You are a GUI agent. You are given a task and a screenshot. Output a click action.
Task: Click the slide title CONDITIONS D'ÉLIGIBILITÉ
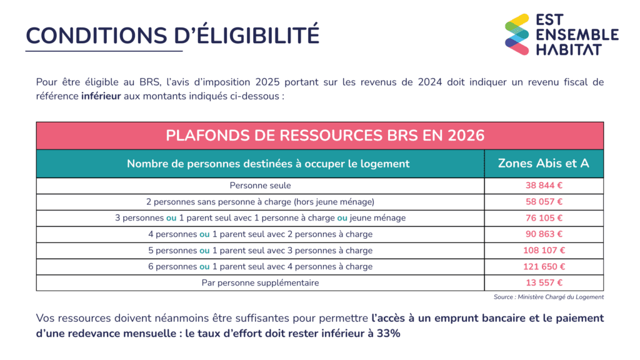[x=172, y=35]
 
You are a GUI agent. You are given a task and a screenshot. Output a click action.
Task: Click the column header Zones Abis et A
[x=543, y=163]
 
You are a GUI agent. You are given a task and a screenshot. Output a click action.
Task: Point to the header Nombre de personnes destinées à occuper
[x=268, y=164]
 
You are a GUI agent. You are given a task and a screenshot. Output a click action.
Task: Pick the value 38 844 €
[x=544, y=186]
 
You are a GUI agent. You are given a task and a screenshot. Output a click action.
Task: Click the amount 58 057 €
[x=544, y=202]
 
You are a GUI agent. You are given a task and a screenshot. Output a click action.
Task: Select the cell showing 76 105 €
[x=544, y=218]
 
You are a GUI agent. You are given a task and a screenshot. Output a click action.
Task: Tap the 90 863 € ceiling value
[x=544, y=234]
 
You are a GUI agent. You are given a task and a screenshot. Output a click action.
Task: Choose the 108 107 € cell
[x=544, y=251]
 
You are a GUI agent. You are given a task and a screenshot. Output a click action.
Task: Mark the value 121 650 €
[x=544, y=267]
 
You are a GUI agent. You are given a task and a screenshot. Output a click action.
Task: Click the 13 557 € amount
[x=544, y=283]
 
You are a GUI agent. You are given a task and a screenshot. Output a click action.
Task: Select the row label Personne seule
[x=260, y=186]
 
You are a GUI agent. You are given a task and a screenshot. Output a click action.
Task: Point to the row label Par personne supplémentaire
[x=260, y=283]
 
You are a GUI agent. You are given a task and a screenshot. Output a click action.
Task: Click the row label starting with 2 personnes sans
[x=260, y=202]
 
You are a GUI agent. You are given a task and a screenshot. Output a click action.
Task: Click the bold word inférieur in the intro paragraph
[x=101, y=97]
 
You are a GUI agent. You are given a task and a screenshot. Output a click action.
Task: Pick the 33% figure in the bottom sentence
[x=387, y=333]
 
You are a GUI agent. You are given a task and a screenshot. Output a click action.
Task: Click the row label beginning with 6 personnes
[x=260, y=267]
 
